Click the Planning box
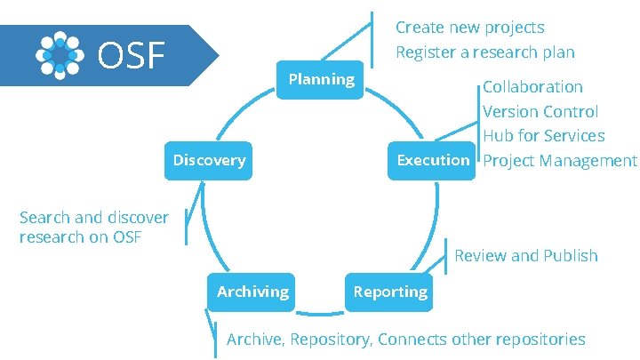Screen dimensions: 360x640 tap(321, 80)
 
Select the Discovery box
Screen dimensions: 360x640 tap(209, 160)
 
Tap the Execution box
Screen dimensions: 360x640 tap(433, 160)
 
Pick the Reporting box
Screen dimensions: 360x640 tap(390, 292)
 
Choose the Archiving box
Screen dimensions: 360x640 tap(252, 292)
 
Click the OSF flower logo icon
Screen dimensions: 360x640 tap(60, 55)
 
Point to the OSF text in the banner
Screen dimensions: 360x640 tap(131, 56)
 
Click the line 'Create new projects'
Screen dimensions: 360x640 tap(469, 28)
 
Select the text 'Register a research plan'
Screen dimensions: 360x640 tap(484, 52)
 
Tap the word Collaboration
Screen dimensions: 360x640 tap(532, 87)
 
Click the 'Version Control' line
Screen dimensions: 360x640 tap(540, 112)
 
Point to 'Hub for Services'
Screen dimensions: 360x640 tap(543, 136)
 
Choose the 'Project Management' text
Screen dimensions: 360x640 tap(559, 161)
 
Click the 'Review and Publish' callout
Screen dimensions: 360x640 tap(525, 256)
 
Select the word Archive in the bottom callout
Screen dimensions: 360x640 tap(255, 340)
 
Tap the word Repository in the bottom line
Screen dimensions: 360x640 tap(332, 340)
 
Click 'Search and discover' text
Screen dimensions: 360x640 tap(93, 218)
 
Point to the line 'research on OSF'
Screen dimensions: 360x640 tap(80, 237)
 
